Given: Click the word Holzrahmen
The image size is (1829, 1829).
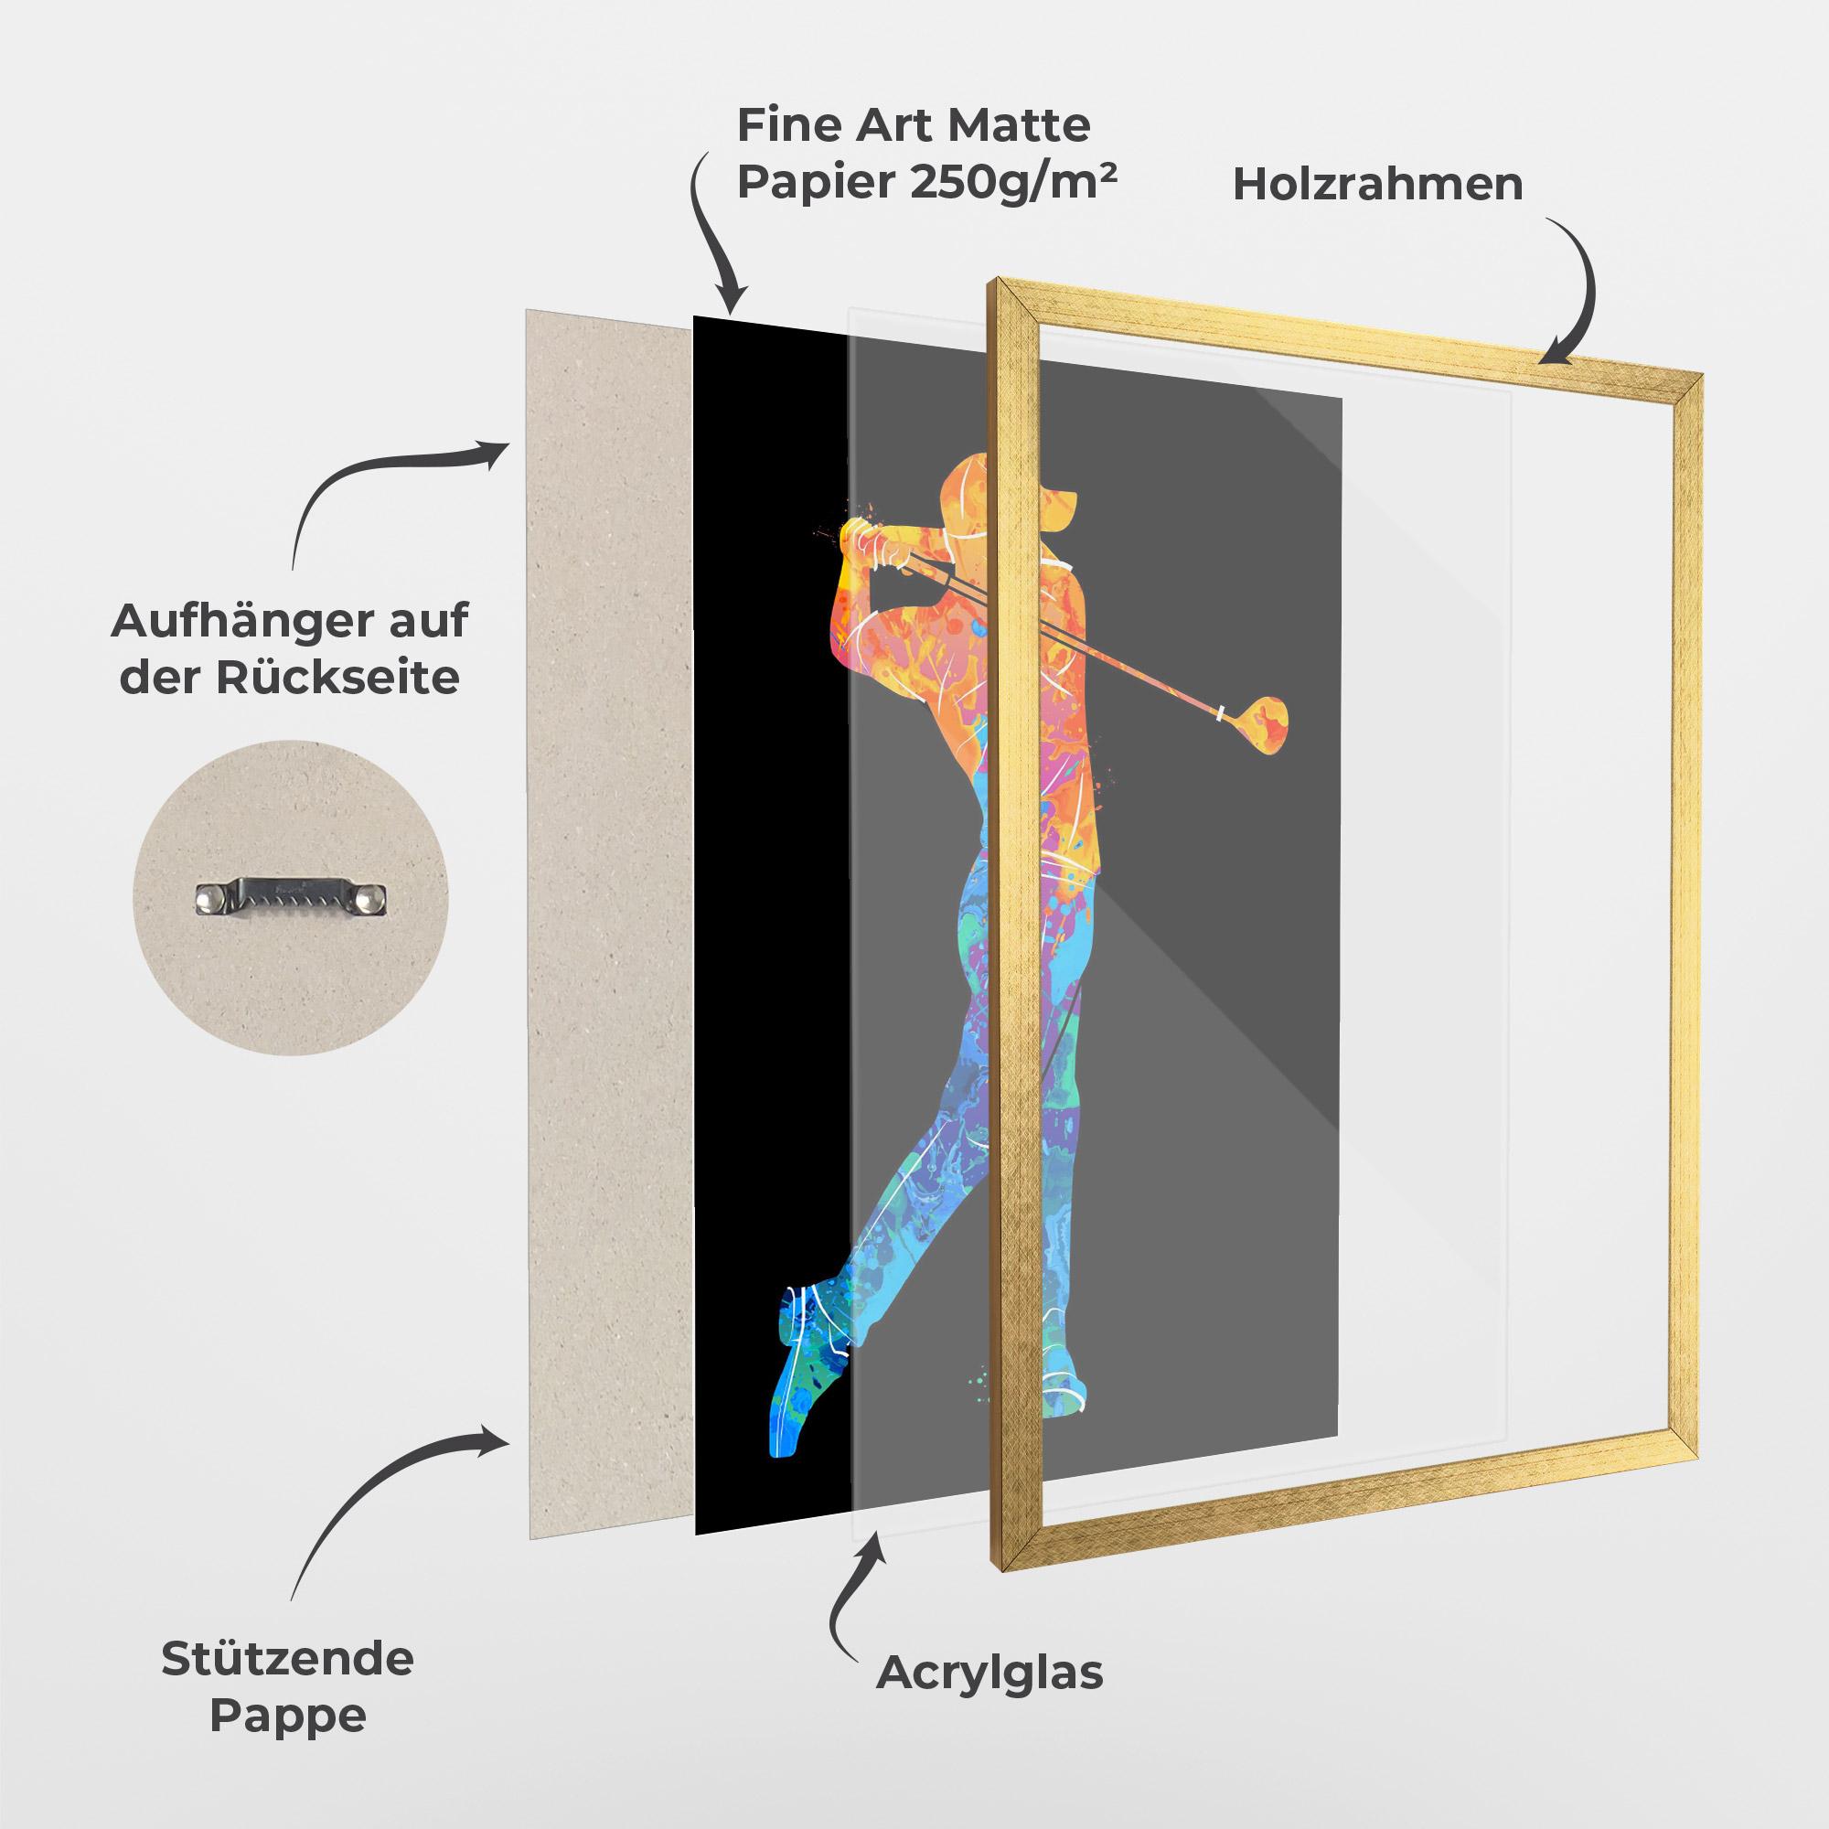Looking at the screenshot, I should click(1377, 186).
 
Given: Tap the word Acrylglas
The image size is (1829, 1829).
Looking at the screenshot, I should click(989, 1674).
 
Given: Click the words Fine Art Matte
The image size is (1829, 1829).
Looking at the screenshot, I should click(914, 125).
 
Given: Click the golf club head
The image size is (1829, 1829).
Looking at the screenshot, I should click(1264, 719).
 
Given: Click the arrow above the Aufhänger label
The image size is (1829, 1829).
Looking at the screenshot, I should click(379, 483).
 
